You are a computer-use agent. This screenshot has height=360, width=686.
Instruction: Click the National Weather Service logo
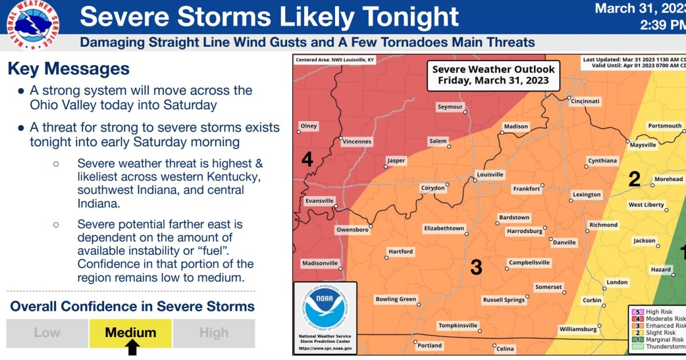coord(32,25)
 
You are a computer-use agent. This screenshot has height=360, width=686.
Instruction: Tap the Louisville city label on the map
coord(490,174)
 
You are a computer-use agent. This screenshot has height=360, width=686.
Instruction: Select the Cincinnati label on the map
coord(584,101)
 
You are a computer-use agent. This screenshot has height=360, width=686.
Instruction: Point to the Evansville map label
coord(319,201)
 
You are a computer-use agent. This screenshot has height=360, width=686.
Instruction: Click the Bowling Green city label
coord(396,299)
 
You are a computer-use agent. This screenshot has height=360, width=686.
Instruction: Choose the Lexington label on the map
coord(587,195)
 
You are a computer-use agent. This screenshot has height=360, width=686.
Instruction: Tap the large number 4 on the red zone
coord(307,159)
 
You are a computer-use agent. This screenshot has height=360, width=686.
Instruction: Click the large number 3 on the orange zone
coord(476,267)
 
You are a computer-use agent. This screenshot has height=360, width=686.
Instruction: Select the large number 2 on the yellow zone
coord(634,179)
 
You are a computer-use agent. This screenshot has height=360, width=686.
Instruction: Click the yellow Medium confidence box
coord(130,333)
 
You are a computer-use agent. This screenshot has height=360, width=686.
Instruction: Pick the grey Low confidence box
coord(47,333)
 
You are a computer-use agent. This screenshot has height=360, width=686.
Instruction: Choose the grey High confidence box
coord(214,333)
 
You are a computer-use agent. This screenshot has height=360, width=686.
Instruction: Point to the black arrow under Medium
coord(133,347)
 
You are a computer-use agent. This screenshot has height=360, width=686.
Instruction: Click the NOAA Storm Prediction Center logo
coord(325,317)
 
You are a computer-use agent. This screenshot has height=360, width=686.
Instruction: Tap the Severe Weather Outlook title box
coord(493,75)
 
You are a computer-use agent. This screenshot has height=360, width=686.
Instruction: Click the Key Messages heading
coord(69,69)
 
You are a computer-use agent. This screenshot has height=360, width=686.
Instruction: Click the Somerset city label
coord(549,287)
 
